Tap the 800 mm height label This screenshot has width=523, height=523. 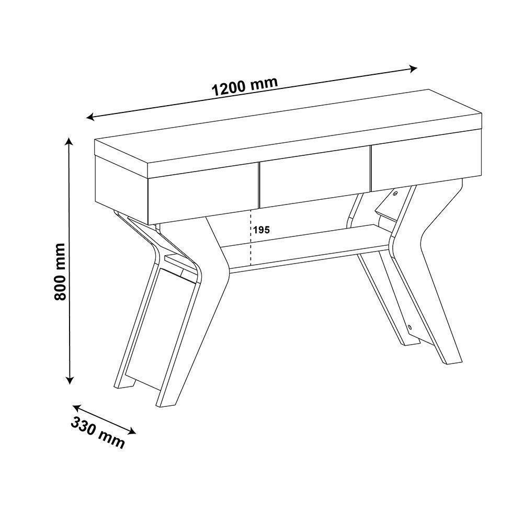tap(61, 271)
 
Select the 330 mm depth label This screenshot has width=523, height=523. tap(98, 433)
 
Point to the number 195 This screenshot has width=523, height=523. tap(261, 230)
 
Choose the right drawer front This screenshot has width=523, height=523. tap(427, 162)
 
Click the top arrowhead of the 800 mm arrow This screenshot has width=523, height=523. tap(69, 141)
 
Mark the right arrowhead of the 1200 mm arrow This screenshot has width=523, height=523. tap(413, 69)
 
